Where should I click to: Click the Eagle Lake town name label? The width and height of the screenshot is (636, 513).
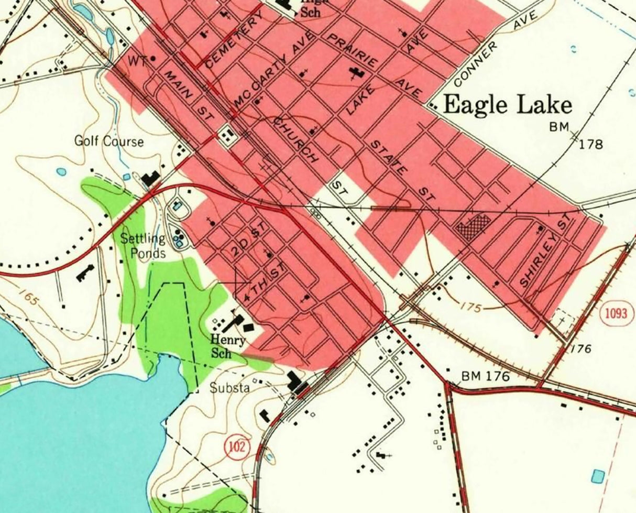point(507,105)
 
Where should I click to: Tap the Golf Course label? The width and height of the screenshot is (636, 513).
point(108,141)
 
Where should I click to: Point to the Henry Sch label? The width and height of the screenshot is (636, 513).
point(228,346)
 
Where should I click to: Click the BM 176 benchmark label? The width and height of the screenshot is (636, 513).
point(485,376)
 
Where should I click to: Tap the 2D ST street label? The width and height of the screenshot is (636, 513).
point(249,242)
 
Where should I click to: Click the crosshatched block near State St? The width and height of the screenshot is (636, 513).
point(474,226)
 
